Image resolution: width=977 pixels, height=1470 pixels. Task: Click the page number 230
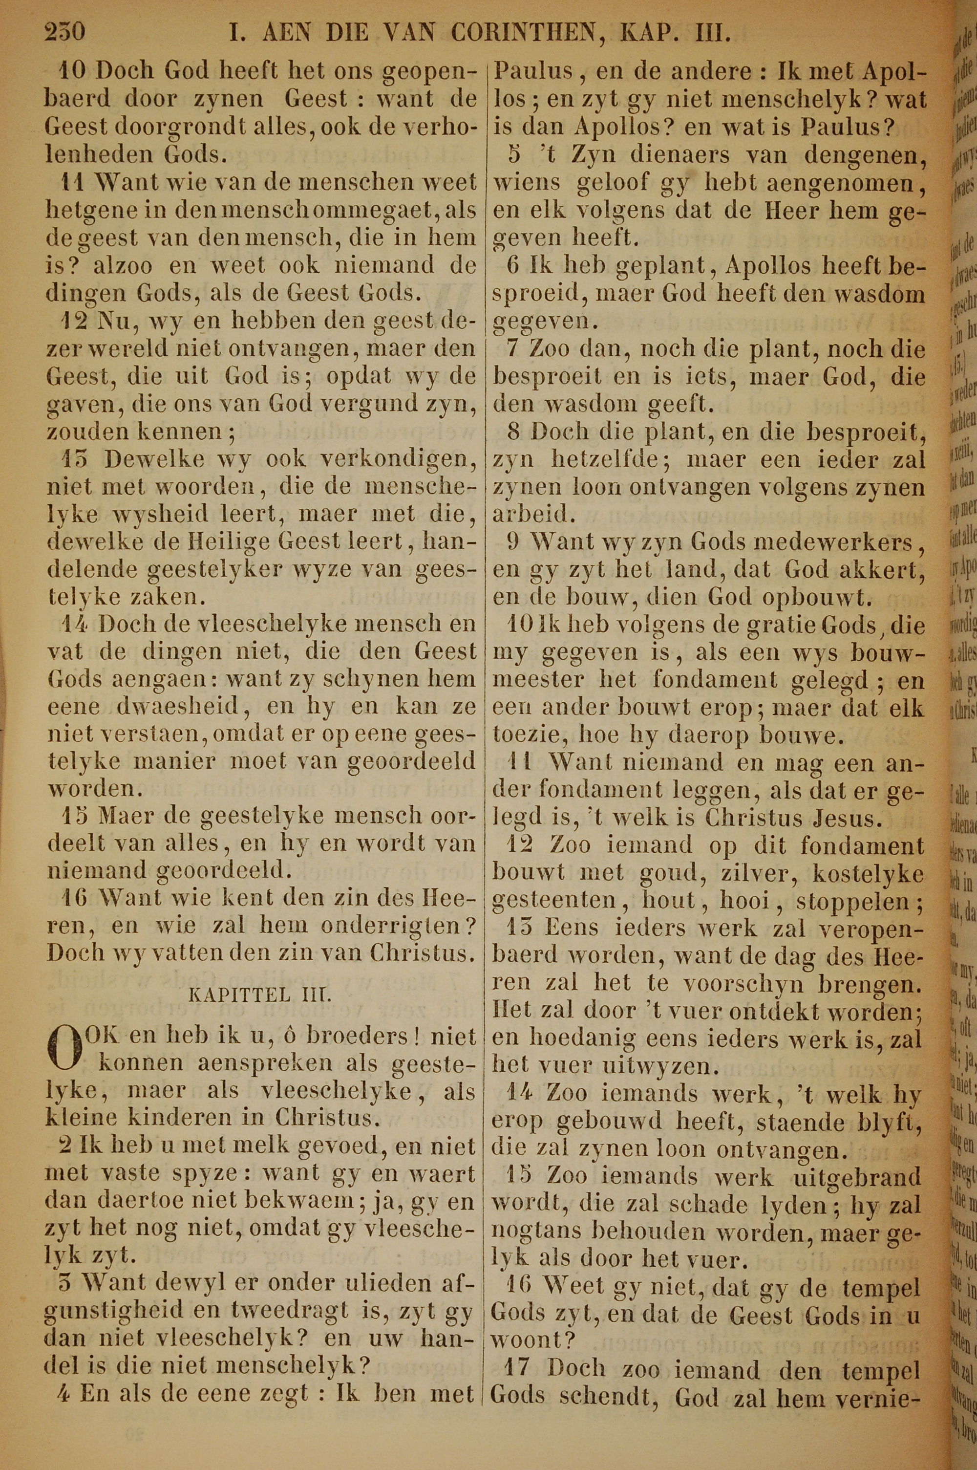point(65,31)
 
